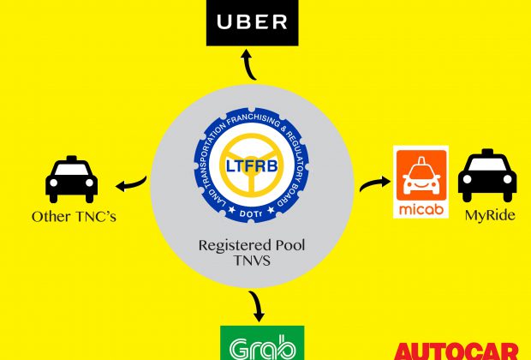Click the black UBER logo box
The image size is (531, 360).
pyautogui.click(x=253, y=22)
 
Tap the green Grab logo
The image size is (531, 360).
pyautogui.click(x=262, y=343)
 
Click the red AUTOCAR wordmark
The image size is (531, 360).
pyautogui.click(x=456, y=352)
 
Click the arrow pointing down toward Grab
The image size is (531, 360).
pyautogui.click(x=257, y=306)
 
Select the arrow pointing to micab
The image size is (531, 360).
pyautogui.click(x=375, y=183)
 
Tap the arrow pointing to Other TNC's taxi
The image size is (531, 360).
pyautogui.click(x=131, y=183)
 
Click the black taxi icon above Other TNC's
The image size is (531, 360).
pyautogui.click(x=71, y=179)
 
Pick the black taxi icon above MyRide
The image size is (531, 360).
pyautogui.click(x=487, y=175)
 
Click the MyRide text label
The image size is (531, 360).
pyautogui.click(x=490, y=215)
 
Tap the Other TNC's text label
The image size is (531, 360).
pyautogui.click(x=74, y=217)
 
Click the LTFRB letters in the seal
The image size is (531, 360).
pyautogui.click(x=252, y=166)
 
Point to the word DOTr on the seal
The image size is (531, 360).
pyautogui.click(x=251, y=214)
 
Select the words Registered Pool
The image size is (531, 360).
pyautogui.click(x=252, y=246)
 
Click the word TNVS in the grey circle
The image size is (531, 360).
pyautogui.click(x=252, y=261)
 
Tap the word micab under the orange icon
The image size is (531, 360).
pyautogui.click(x=421, y=209)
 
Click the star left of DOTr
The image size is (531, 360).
pyautogui.click(x=231, y=210)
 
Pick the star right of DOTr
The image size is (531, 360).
pyautogui.click(x=271, y=210)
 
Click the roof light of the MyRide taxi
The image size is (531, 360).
pyautogui.click(x=487, y=153)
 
